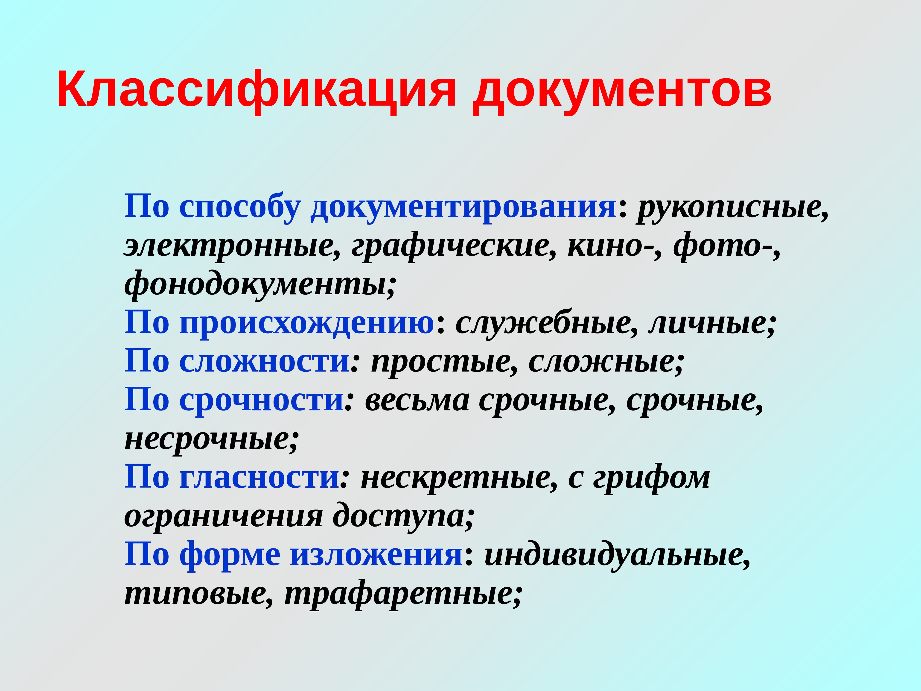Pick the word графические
tap(454, 246)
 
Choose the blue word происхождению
tap(307, 323)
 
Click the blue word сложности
tap(264, 361)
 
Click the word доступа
tap(403, 516)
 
